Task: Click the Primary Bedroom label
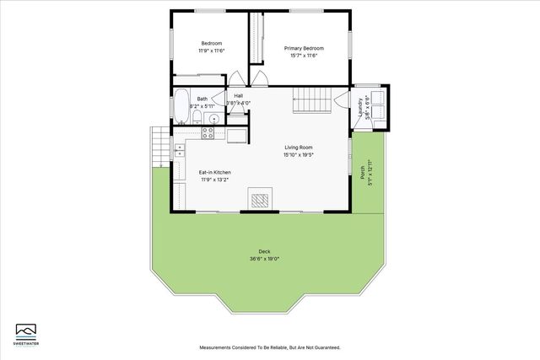(304, 48)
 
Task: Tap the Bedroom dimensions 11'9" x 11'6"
(211, 51)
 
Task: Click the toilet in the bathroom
(197, 116)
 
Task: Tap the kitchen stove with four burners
(208, 133)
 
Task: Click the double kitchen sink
(180, 151)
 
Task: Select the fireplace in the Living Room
(260, 200)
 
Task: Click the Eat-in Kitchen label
(214, 172)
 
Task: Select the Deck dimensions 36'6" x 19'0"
(264, 259)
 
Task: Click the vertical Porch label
(363, 172)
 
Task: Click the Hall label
(238, 96)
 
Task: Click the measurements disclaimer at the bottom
(270, 347)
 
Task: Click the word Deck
(264, 252)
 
